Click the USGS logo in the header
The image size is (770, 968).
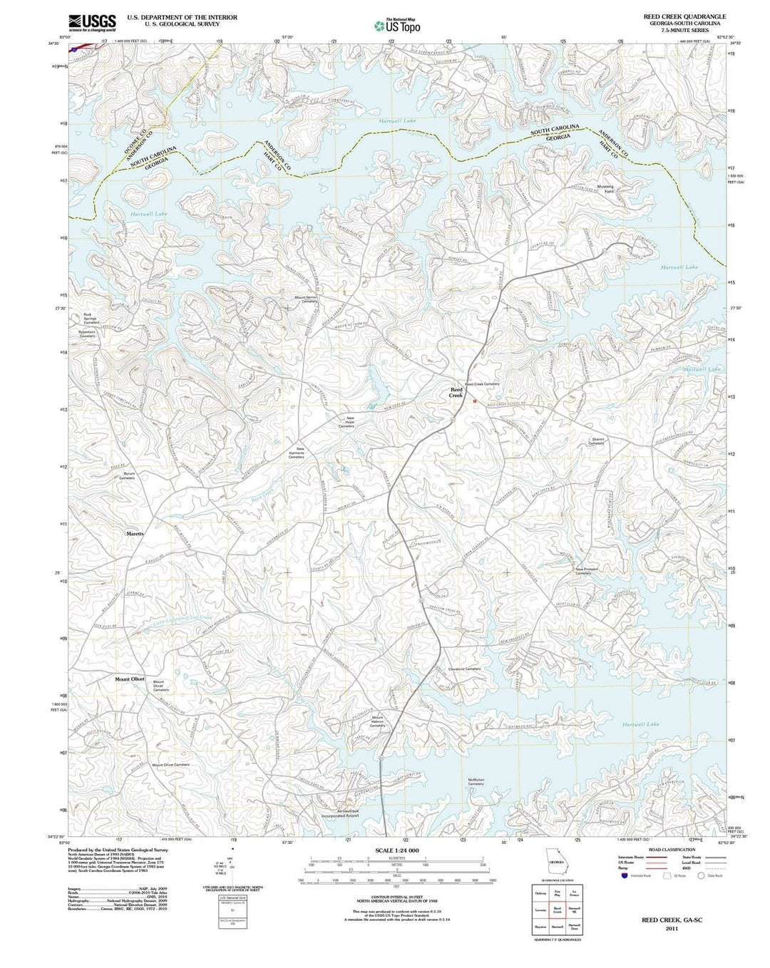click(x=91, y=23)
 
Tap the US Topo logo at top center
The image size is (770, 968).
click(x=396, y=26)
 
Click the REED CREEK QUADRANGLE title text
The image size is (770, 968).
click(x=674, y=16)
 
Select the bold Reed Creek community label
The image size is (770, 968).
click(x=456, y=391)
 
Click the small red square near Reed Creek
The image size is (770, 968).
click(x=474, y=401)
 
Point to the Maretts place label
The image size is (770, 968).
click(x=135, y=533)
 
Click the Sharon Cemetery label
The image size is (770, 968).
click(x=597, y=441)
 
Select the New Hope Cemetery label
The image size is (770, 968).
click(x=349, y=422)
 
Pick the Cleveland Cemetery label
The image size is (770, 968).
click(x=464, y=669)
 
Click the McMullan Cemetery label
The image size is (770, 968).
click(x=476, y=782)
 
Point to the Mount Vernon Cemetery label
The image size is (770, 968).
click(x=305, y=299)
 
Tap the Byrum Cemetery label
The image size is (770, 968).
click(x=128, y=475)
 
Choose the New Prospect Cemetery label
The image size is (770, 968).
click(x=583, y=571)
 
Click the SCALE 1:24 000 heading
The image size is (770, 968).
click(x=396, y=851)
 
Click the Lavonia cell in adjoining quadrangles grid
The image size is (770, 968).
click(x=540, y=910)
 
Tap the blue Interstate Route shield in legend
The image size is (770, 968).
click(x=625, y=876)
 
